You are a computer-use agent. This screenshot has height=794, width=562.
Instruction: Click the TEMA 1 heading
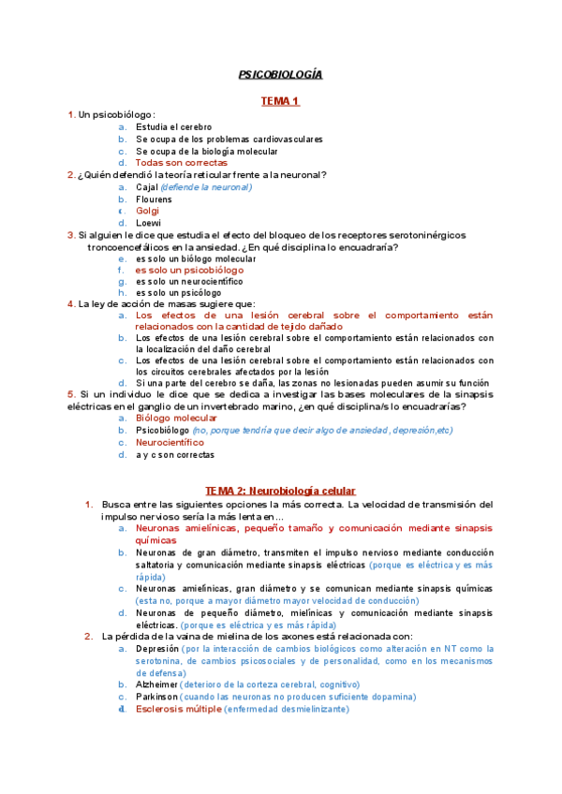pyautogui.click(x=280, y=99)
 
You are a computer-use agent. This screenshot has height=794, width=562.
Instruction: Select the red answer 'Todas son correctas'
pyautogui.click(x=181, y=163)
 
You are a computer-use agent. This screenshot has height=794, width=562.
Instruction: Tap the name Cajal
pyautogui.click(x=147, y=187)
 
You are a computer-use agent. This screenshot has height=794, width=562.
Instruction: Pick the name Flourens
pyautogui.click(x=154, y=199)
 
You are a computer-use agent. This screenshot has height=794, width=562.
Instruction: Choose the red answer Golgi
pyautogui.click(x=148, y=212)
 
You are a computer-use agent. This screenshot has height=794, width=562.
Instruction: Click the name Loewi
pyautogui.click(x=148, y=224)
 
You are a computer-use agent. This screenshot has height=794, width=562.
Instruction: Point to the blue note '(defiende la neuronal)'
pyautogui.click(x=207, y=187)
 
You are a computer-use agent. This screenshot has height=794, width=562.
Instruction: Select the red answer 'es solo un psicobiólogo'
pyautogui.click(x=189, y=270)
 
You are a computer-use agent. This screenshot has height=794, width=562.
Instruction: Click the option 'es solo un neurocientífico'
pyautogui.click(x=189, y=281)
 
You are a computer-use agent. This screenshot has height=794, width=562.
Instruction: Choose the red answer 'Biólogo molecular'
pyautogui.click(x=176, y=418)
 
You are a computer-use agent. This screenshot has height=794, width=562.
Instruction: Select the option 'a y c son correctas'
pyautogui.click(x=175, y=455)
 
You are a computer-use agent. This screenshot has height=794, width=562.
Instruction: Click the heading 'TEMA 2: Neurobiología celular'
pyautogui.click(x=280, y=491)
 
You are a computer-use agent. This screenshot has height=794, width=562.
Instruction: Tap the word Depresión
pyautogui.click(x=156, y=648)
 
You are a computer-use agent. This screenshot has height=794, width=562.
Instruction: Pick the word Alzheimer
pyautogui.click(x=156, y=684)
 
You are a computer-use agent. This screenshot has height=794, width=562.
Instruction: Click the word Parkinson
pyautogui.click(x=156, y=697)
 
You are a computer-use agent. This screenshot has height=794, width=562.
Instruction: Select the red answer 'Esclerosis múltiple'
pyautogui.click(x=179, y=710)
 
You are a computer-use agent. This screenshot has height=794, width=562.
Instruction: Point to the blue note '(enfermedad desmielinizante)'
pyautogui.click(x=288, y=710)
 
